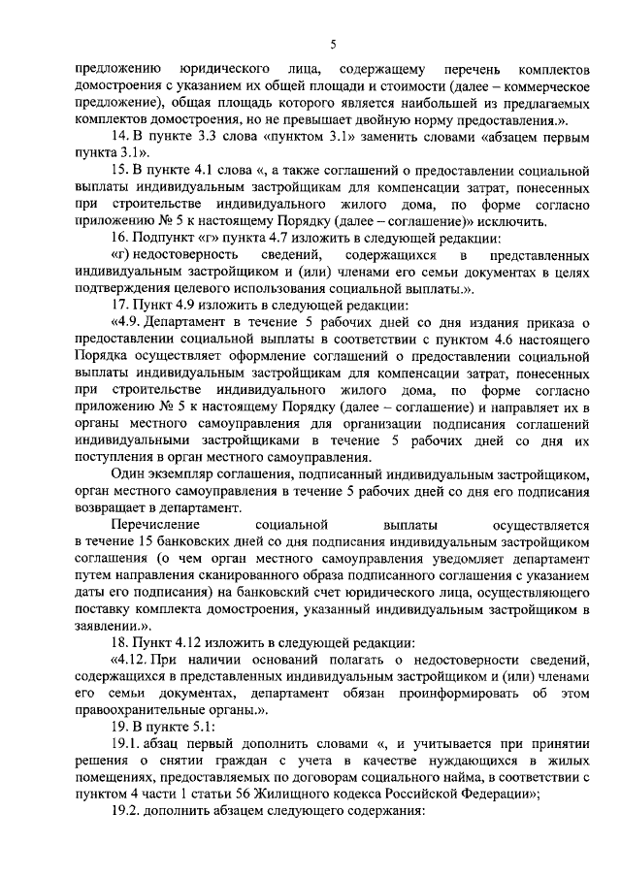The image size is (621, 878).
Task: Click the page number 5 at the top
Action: pyautogui.click(x=332, y=44)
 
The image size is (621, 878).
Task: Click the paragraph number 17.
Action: pyautogui.click(x=122, y=302)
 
